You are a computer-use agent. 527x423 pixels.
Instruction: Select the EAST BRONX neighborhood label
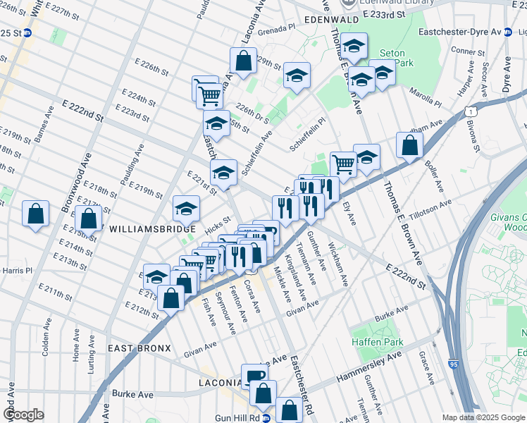139,348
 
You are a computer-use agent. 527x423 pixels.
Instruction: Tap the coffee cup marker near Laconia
254,376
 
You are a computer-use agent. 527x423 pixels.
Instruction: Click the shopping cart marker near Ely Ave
343,164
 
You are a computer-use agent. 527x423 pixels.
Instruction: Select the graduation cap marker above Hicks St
187,208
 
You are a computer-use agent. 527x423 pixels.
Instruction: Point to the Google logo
23,415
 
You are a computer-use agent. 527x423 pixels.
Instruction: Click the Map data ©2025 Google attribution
483,417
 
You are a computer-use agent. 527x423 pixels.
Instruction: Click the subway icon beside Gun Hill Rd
266,418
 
